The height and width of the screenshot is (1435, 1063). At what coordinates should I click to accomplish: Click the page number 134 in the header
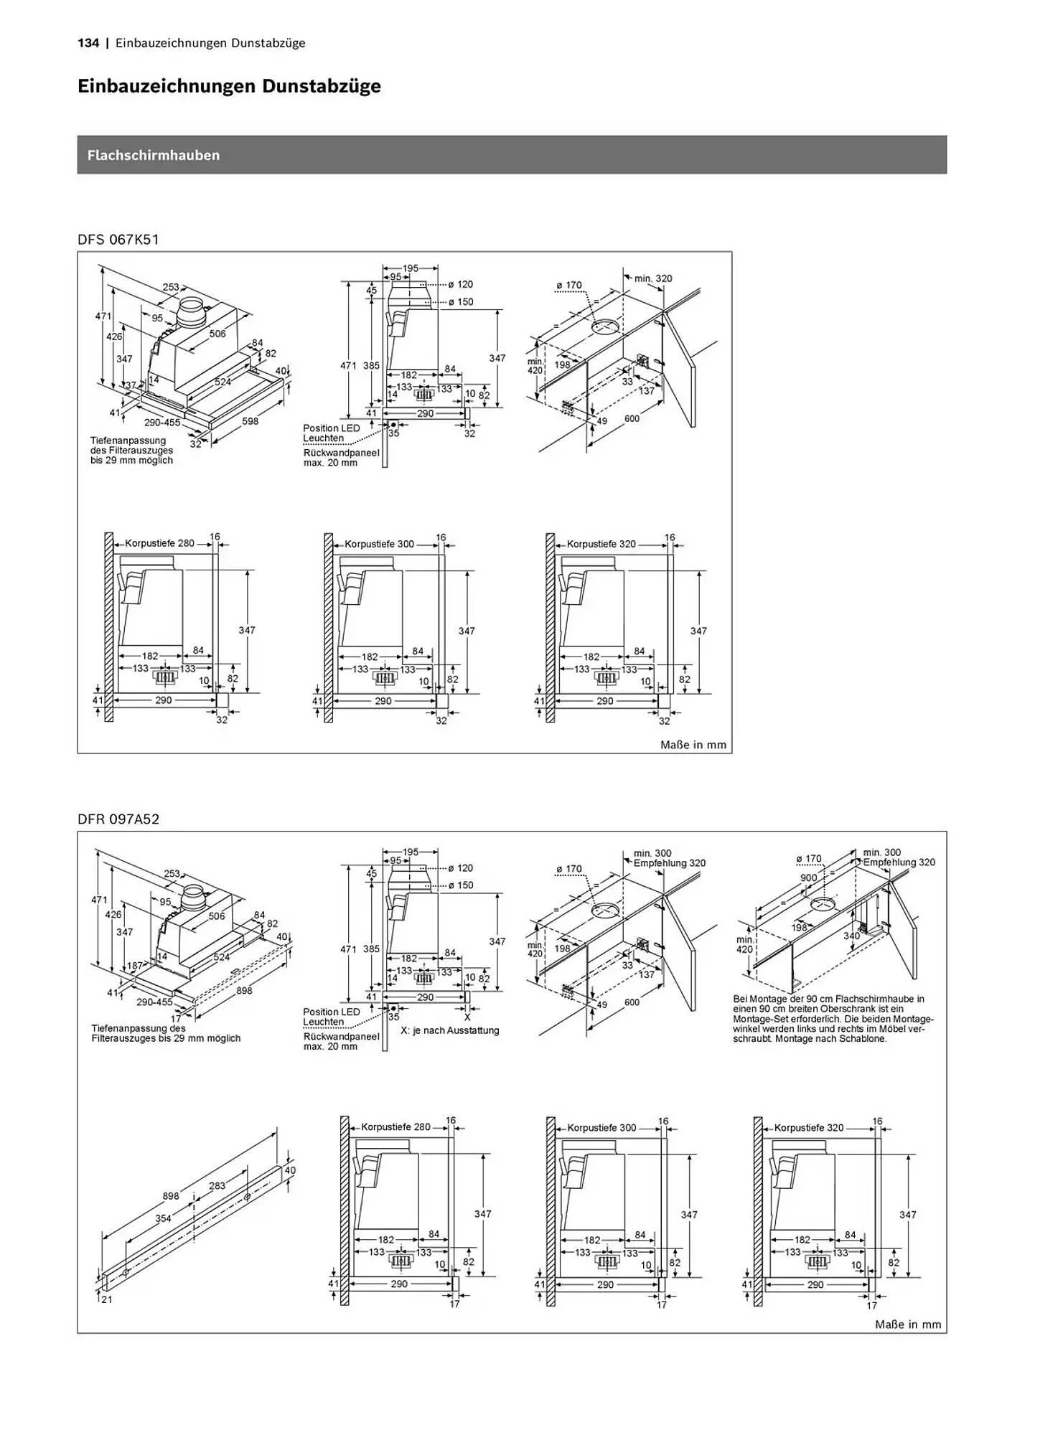click(x=88, y=43)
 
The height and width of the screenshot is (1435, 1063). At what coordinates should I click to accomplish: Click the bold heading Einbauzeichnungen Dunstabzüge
click(x=229, y=87)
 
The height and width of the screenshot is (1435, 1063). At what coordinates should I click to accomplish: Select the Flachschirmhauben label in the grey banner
click(x=154, y=155)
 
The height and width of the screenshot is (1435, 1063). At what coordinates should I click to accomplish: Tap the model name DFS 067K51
click(x=118, y=240)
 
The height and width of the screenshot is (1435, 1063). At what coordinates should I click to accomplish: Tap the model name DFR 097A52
click(x=118, y=819)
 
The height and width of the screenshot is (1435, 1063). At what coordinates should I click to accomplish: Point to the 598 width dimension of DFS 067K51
click(x=250, y=421)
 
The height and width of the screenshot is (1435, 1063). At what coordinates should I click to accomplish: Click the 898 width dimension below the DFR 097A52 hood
click(x=244, y=991)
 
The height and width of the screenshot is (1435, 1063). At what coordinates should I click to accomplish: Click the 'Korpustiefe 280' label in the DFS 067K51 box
click(x=159, y=544)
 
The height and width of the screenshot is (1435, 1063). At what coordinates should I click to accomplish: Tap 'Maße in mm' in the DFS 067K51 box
click(x=693, y=745)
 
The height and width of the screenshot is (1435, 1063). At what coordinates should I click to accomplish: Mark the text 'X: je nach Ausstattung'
click(x=449, y=1030)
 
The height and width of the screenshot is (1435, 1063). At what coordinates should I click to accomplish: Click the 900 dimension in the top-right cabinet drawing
click(x=809, y=878)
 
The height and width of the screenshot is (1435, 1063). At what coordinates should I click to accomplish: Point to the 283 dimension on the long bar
click(x=217, y=1186)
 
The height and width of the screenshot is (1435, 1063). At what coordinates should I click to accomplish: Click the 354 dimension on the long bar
click(x=163, y=1218)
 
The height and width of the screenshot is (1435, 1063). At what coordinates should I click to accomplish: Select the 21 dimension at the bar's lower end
click(x=106, y=1299)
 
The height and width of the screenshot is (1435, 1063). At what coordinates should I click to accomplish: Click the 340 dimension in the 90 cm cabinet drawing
click(x=851, y=936)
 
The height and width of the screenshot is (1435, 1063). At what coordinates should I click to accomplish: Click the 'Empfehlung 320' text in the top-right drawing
click(x=899, y=862)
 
